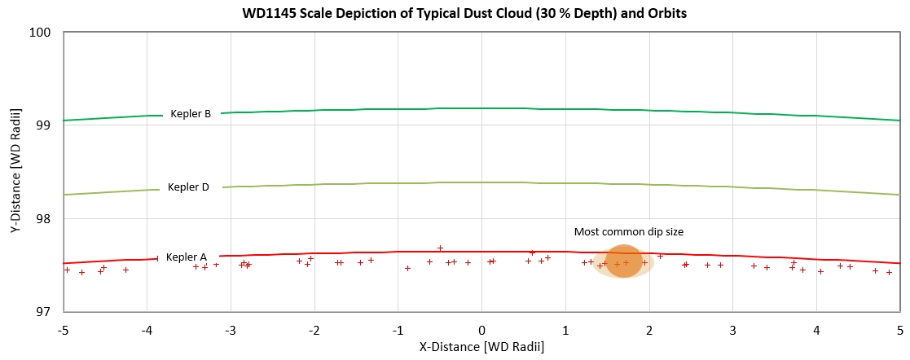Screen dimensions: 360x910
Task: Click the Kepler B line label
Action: pos(191,114)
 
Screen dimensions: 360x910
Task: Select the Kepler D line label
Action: pos(188,187)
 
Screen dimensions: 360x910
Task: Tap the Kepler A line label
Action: pos(187,257)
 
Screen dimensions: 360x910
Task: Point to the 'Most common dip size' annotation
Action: pos(628,232)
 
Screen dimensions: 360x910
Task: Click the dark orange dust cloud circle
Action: pos(624,261)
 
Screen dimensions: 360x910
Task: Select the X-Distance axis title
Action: pos(481,346)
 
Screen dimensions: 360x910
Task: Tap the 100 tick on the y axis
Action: pos(42,33)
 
